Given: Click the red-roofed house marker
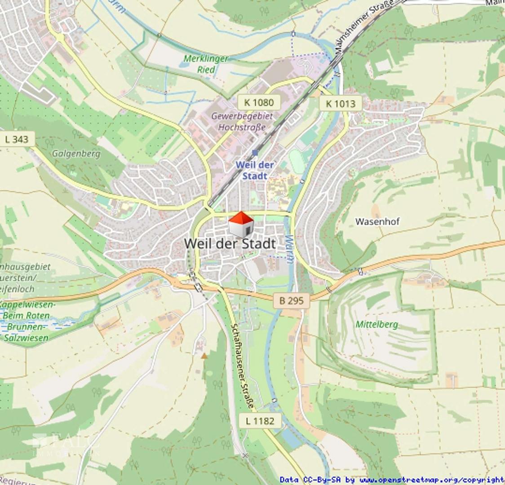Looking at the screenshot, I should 241,225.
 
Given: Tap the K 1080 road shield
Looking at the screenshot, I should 259,102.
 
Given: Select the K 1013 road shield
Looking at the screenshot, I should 340,104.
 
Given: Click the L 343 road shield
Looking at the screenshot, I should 17,139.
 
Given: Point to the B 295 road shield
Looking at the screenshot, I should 292,300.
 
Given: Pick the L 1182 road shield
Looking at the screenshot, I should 260,421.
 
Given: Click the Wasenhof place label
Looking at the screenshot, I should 377,221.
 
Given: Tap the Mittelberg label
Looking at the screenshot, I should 377,324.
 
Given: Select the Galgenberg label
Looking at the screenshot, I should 76,154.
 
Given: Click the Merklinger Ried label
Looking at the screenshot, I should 206,64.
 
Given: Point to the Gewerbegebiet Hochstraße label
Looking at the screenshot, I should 242,122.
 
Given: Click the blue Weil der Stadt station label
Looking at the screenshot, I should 255,170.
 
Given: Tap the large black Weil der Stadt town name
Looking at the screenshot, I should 230,244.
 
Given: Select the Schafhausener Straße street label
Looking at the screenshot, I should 242,366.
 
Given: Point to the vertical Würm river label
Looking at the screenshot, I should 289,250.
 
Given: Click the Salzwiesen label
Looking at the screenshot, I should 26,338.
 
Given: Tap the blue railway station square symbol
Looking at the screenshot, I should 255,153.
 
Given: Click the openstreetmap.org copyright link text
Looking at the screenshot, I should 432,480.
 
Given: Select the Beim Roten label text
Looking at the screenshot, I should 26,315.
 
